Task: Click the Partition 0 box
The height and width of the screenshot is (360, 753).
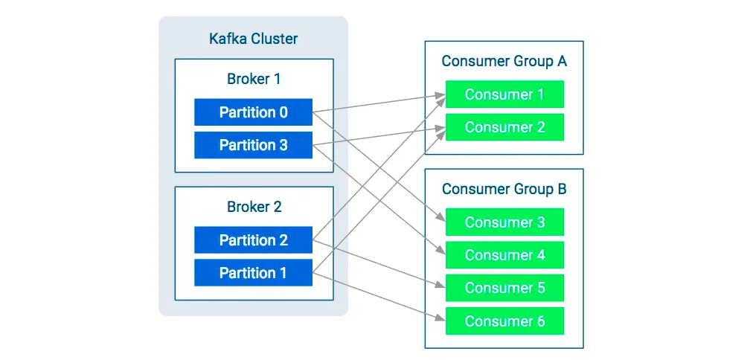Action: tap(253, 112)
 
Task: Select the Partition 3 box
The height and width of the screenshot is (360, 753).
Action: tap(253, 145)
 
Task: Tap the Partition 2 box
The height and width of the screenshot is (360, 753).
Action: tap(253, 240)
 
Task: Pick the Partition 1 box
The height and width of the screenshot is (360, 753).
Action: tap(253, 273)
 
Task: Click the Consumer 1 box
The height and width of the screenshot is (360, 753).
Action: tap(504, 94)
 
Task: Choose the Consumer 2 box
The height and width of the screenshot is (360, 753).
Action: tap(504, 127)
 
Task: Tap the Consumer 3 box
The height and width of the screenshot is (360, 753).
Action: tap(504, 222)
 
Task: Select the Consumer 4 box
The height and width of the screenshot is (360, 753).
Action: tap(504, 255)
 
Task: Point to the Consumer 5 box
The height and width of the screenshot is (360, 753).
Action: tap(504, 288)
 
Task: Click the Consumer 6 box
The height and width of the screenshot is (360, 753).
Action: tap(504, 321)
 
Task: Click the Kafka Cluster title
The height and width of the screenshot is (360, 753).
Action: tap(253, 39)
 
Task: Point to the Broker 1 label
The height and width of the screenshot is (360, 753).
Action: tap(254, 79)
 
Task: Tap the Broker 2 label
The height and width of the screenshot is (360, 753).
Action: tap(254, 207)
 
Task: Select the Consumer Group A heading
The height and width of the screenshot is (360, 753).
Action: tap(504, 62)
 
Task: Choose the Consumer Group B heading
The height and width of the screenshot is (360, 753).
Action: tap(504, 189)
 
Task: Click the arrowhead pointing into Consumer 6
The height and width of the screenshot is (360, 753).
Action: tap(440, 318)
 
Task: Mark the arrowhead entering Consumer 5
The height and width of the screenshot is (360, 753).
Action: tap(440, 285)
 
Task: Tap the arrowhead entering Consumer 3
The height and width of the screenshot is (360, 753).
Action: tap(441, 217)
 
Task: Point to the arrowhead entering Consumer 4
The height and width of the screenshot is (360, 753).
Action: tap(441, 250)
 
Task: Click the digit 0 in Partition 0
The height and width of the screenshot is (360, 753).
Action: tap(283, 112)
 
